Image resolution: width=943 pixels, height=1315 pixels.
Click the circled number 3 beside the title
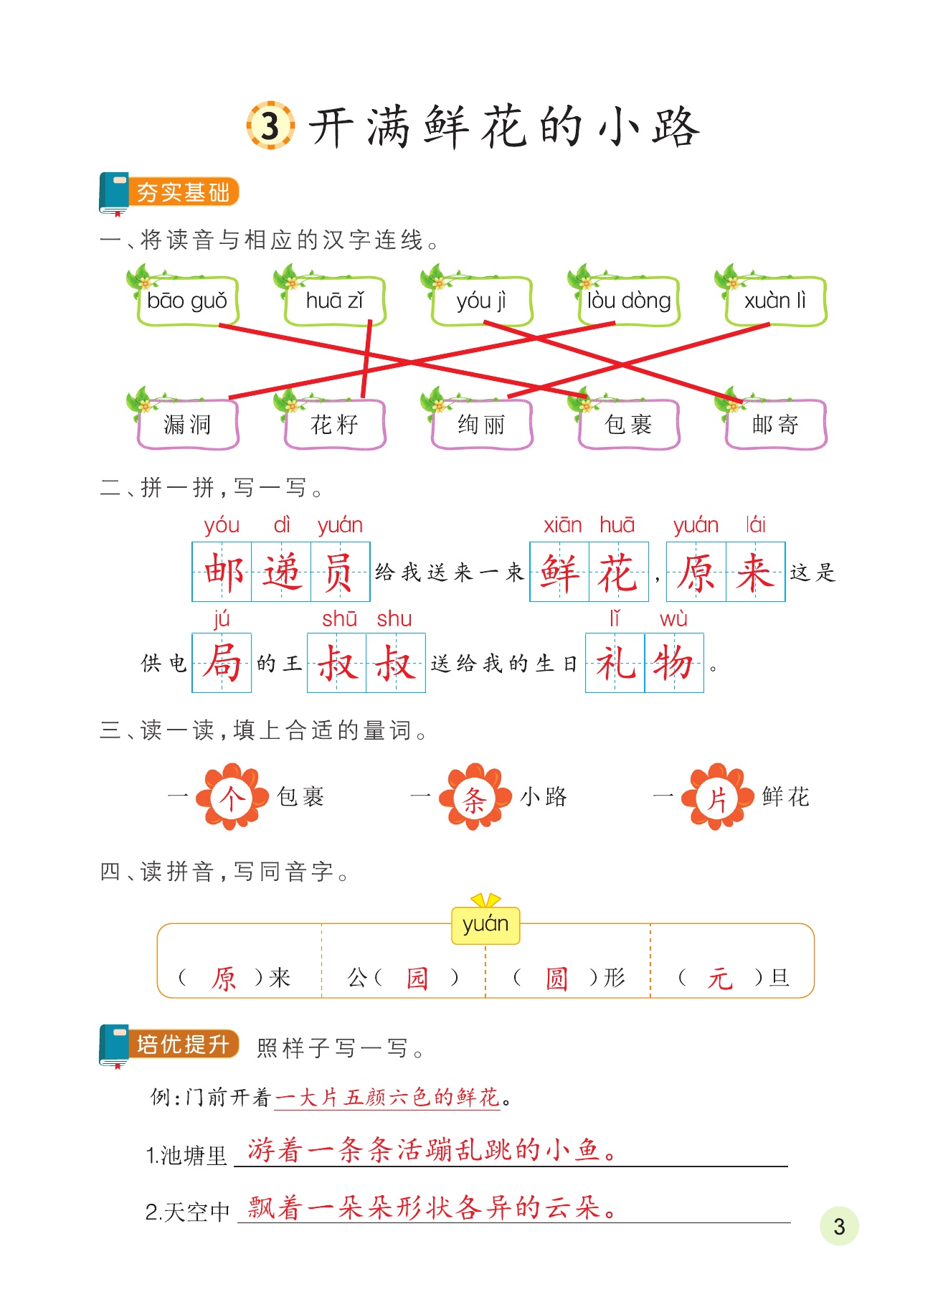click(x=270, y=126)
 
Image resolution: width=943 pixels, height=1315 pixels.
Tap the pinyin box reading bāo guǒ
click(x=187, y=301)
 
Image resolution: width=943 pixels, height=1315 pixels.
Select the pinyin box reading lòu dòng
click(x=629, y=301)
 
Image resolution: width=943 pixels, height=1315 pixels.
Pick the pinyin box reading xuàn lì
click(x=775, y=301)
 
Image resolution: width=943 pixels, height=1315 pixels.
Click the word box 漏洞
click(x=187, y=425)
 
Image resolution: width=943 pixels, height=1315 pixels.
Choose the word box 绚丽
click(x=482, y=425)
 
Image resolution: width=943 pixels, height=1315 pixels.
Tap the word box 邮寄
click(x=775, y=425)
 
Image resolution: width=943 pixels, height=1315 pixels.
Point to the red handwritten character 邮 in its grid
click(x=222, y=572)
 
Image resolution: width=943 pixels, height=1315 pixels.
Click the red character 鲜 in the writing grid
click(x=559, y=572)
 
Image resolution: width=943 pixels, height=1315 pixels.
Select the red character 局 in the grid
click(x=222, y=663)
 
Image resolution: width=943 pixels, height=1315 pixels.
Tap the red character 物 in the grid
click(x=674, y=663)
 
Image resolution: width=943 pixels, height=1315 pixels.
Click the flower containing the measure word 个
click(x=231, y=798)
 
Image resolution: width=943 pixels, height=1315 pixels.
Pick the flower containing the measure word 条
click(x=474, y=798)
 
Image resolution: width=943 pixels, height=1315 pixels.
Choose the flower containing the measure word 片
click(x=716, y=798)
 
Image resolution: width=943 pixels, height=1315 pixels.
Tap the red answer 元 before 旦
click(x=719, y=978)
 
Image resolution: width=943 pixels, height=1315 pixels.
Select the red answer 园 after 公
click(x=417, y=978)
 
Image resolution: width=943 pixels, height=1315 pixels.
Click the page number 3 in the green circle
click(x=839, y=1226)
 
